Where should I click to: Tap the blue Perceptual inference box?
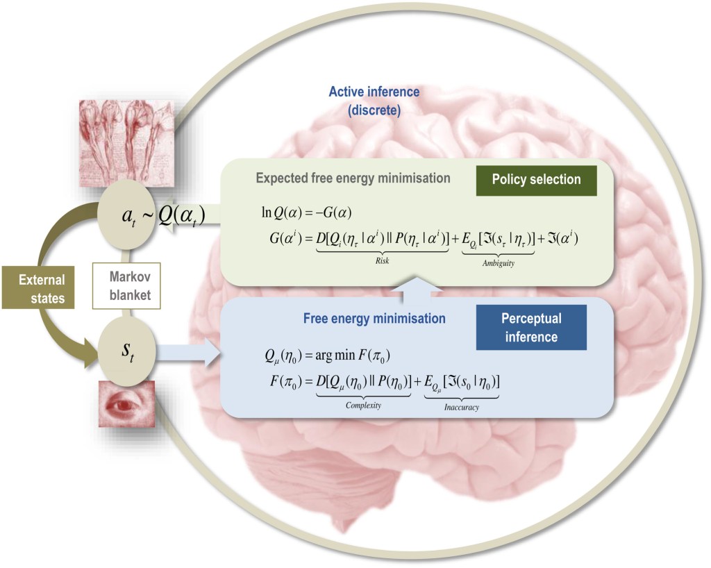pos(531,327)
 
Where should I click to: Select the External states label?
pos(42,289)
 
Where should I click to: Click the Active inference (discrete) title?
pos(374,100)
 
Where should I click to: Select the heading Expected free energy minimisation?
pos(353,178)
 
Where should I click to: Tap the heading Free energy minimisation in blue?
pos(374,319)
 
